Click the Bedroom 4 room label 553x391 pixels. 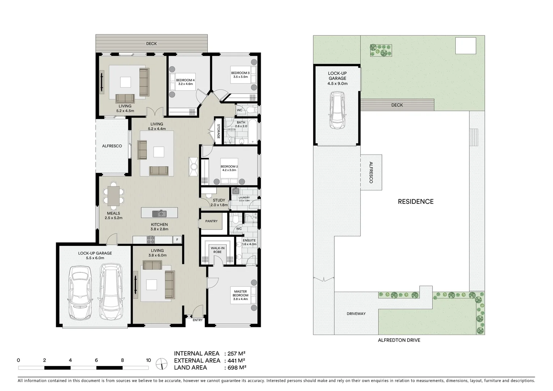[x=185, y=82]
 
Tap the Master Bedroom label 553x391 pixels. [x=241, y=295]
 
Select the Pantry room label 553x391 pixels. [x=211, y=221]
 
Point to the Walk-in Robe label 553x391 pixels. [x=217, y=250]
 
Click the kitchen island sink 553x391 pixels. [x=158, y=213]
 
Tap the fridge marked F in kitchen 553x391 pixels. [x=177, y=240]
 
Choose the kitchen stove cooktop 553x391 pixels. [x=150, y=240]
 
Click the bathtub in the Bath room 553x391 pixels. [x=252, y=131]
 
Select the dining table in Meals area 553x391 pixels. [x=114, y=196]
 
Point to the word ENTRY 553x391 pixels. [x=197, y=320]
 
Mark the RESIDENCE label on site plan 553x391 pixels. [x=416, y=202]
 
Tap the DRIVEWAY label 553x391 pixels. [x=356, y=314]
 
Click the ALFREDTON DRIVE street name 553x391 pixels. [x=399, y=340]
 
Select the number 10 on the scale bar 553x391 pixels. [x=148, y=360]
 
